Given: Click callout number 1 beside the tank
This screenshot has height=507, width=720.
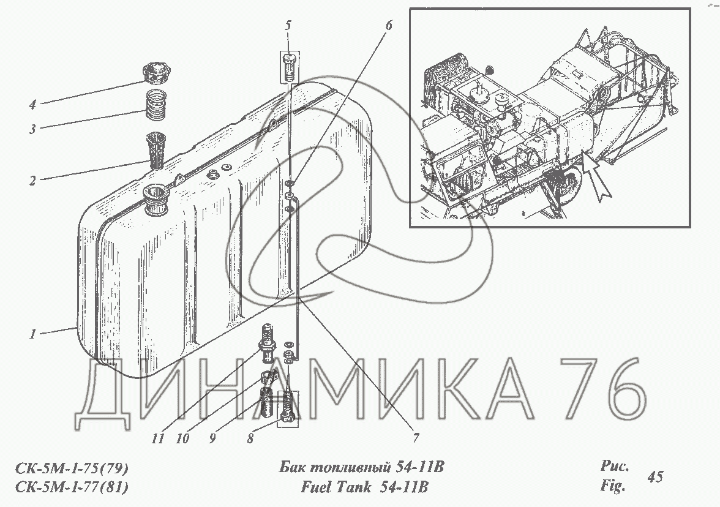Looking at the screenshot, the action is (32, 334).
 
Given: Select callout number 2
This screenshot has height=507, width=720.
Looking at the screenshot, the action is (32, 181).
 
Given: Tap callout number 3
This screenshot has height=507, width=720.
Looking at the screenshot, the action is (32, 129).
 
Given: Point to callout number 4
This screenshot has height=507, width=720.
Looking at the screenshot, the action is (32, 105).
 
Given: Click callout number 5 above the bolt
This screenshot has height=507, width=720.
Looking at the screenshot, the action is (288, 25).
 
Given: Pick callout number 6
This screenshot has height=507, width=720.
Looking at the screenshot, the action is (389, 25).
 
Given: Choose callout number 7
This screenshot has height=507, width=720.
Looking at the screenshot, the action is (416, 438).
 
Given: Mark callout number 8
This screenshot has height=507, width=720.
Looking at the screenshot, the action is (250, 438).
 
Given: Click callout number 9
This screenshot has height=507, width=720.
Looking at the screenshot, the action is (212, 438).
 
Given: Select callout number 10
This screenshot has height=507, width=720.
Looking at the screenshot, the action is (182, 438).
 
